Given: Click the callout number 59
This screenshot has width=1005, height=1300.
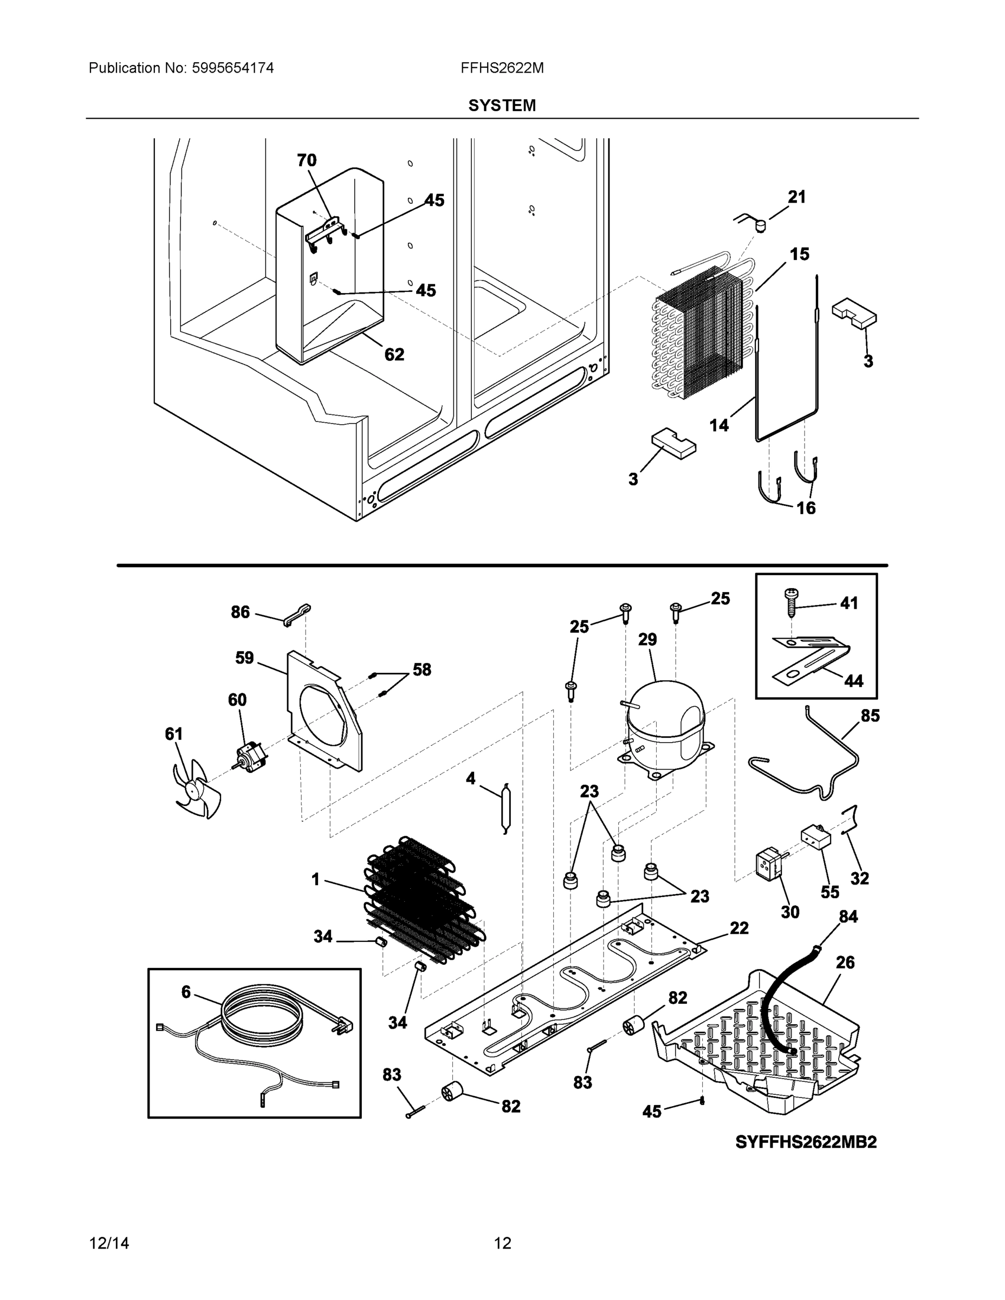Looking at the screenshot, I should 244,658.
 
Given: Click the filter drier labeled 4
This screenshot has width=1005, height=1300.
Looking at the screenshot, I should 505,808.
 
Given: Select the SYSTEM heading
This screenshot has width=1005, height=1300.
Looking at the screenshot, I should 502,106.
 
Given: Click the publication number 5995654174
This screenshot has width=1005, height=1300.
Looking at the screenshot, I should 232,68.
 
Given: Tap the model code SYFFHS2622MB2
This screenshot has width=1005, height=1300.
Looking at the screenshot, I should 806,1142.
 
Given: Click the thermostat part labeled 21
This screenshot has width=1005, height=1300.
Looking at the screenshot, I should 758,225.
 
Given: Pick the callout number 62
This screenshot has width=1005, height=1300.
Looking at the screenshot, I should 394,355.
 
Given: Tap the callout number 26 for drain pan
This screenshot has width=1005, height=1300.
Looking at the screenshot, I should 845,963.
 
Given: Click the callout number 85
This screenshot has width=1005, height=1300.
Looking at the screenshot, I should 870,716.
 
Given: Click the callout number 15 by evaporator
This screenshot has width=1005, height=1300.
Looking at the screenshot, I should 799,254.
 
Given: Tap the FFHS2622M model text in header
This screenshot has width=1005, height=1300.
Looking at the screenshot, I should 502,68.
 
